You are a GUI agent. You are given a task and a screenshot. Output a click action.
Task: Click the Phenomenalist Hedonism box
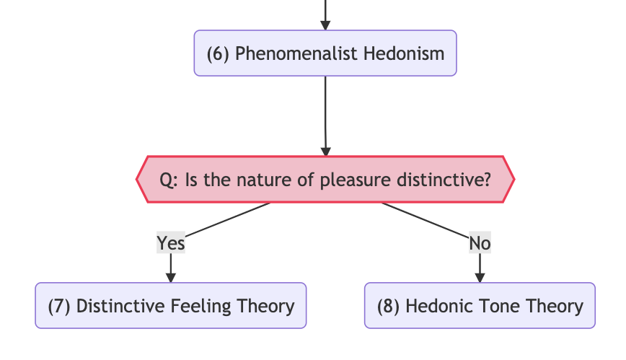point(325,53)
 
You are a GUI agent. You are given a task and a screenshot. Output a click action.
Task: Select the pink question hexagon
point(325,180)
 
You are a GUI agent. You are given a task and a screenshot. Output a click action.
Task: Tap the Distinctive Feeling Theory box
point(171,306)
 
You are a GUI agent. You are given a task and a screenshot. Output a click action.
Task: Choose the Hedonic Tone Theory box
point(480,306)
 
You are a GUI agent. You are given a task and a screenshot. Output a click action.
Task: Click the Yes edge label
point(171,242)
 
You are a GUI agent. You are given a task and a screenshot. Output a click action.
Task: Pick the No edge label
point(480,242)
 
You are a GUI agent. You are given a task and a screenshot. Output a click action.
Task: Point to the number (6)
point(218,53)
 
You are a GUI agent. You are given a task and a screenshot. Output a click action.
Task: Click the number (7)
point(59,306)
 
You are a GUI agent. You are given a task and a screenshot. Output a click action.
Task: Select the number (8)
point(389,306)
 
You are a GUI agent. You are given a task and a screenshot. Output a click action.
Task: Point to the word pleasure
point(356,180)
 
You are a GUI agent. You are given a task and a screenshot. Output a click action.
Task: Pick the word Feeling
point(200,307)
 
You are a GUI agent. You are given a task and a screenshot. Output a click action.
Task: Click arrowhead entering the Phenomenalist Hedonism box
point(325,25)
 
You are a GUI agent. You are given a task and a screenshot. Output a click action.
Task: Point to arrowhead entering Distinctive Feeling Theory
point(171,278)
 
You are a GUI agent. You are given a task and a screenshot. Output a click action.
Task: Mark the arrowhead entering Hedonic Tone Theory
point(480,278)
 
